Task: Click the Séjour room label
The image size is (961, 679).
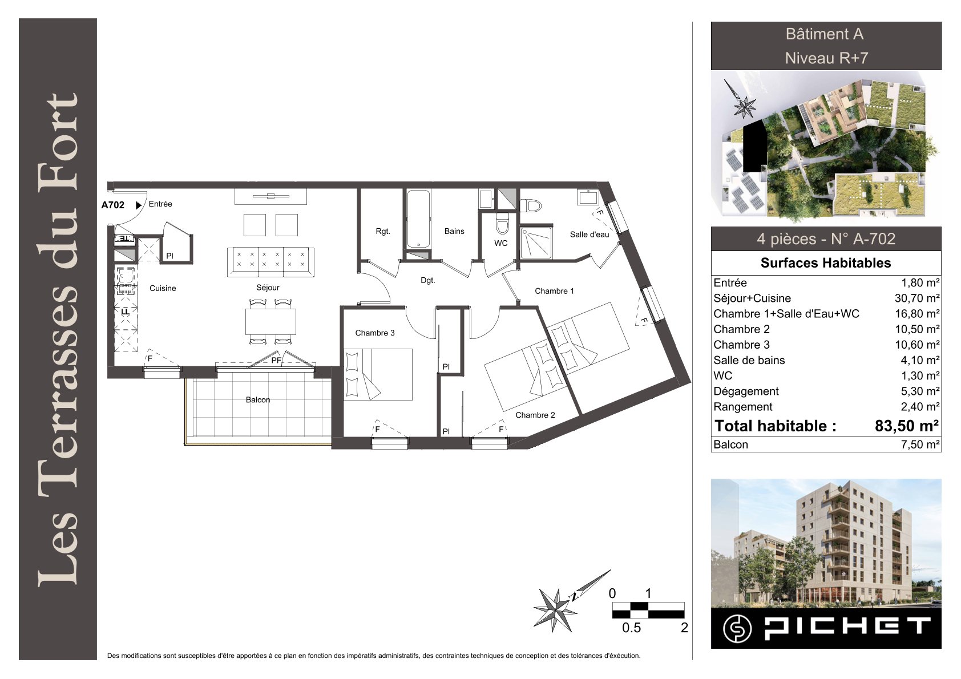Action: [268, 288]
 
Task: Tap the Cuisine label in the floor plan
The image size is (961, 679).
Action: [163, 288]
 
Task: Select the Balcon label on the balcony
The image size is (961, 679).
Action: [258, 400]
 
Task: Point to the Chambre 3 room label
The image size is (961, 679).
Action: [374, 333]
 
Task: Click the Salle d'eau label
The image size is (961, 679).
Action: [589, 234]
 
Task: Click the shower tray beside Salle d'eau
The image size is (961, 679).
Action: [536, 243]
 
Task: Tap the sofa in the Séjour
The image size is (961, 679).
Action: [270, 262]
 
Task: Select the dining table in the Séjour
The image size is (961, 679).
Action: [270, 322]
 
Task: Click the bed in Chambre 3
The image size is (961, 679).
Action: [378, 374]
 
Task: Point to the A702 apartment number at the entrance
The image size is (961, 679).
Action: [113, 205]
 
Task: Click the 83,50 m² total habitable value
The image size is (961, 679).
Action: [907, 426]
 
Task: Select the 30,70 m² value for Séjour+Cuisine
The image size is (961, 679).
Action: [917, 298]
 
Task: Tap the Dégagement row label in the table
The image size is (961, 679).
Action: [746, 391]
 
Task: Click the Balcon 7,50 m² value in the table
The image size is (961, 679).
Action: [920, 444]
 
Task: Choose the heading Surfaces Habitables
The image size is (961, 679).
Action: [826, 262]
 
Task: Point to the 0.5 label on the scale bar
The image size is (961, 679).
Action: [631, 628]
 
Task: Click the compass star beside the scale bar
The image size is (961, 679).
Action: [556, 609]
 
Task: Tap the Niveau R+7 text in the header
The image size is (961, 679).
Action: [826, 58]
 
